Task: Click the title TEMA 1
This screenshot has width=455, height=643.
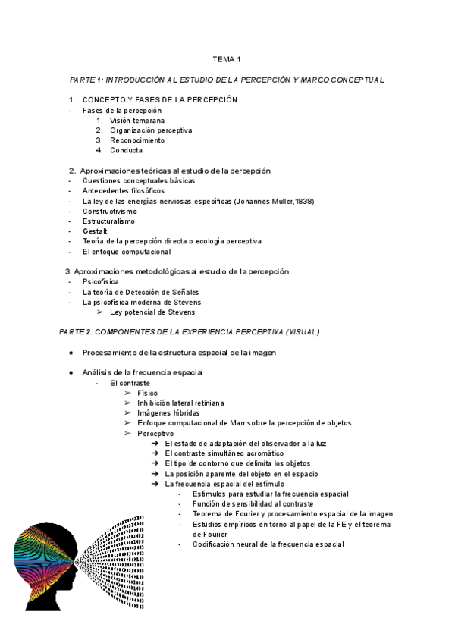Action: (227, 58)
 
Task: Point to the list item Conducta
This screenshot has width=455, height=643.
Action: (126, 150)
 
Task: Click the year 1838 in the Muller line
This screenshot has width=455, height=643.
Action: (303, 201)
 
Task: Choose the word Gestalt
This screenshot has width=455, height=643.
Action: (95, 231)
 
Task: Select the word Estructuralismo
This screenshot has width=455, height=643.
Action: (108, 221)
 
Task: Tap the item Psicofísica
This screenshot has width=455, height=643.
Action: (101, 281)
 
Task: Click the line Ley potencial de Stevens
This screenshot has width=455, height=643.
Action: (152, 312)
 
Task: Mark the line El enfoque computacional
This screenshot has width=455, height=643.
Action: (127, 251)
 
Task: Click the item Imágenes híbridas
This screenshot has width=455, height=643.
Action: (168, 412)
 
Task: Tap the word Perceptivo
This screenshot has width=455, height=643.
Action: (155, 433)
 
